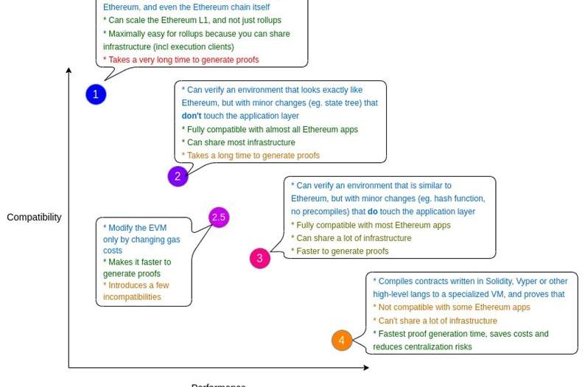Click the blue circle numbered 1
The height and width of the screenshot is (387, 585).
coord(96,94)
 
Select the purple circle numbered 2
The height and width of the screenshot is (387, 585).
coord(178,176)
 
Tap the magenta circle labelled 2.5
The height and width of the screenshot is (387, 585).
coord(219,217)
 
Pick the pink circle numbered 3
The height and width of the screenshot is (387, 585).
coord(259,258)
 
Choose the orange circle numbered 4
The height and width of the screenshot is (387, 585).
coord(341,340)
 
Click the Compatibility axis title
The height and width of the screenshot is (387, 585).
coord(34,217)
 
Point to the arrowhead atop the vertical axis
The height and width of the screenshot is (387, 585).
coord(69,71)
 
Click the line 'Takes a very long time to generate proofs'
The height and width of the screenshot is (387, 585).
coord(181,60)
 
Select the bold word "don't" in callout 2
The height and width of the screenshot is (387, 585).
coord(192,116)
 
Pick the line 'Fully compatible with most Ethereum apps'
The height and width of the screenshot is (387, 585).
coord(371,225)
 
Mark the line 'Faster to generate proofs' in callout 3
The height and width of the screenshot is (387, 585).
coord(340,251)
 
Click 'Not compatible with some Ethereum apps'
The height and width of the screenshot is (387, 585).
coord(451,307)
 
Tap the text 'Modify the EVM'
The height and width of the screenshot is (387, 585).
coord(135,228)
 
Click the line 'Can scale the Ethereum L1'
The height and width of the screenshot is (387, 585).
coord(192,20)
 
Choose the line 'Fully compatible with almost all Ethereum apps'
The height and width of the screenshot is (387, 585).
coord(270,129)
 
